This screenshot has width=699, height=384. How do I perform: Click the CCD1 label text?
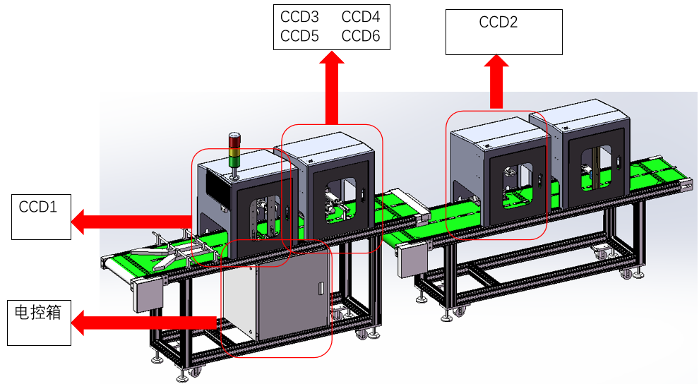pos(37,207)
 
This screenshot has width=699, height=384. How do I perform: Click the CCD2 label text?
pos(498,23)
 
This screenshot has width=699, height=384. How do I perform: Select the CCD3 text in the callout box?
pos(299,17)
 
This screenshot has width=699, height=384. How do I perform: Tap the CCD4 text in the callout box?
pos(361,17)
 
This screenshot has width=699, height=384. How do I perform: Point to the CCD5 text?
pos(299,37)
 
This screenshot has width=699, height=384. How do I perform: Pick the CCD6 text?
pos(361,37)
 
